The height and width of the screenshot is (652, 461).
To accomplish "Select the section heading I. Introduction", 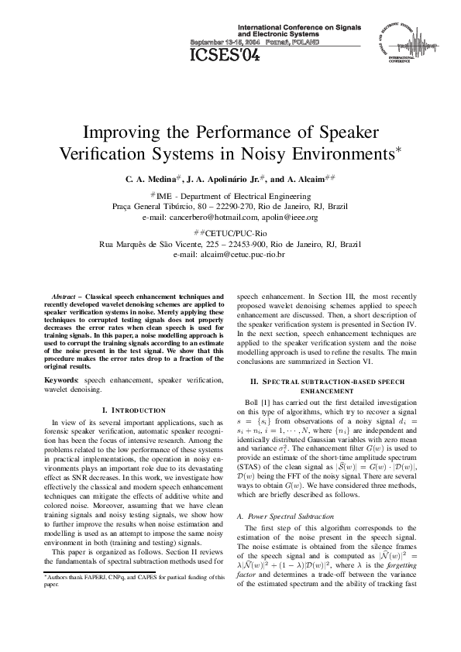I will (134, 410).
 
